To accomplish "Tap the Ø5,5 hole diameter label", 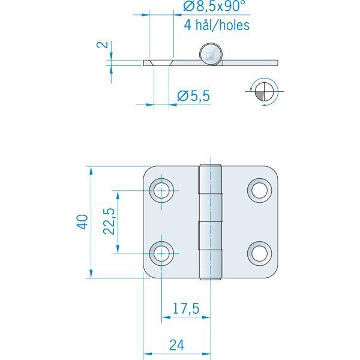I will point(194,95).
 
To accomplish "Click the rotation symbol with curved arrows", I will point(263,91).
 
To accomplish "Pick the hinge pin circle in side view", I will point(211,53).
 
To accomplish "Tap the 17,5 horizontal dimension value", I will point(185,310).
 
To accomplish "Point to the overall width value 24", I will point(176,345).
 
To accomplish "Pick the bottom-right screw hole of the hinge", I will point(260,253).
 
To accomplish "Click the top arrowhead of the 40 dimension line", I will point(90,169).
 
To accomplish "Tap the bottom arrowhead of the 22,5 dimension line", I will point(118,250).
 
